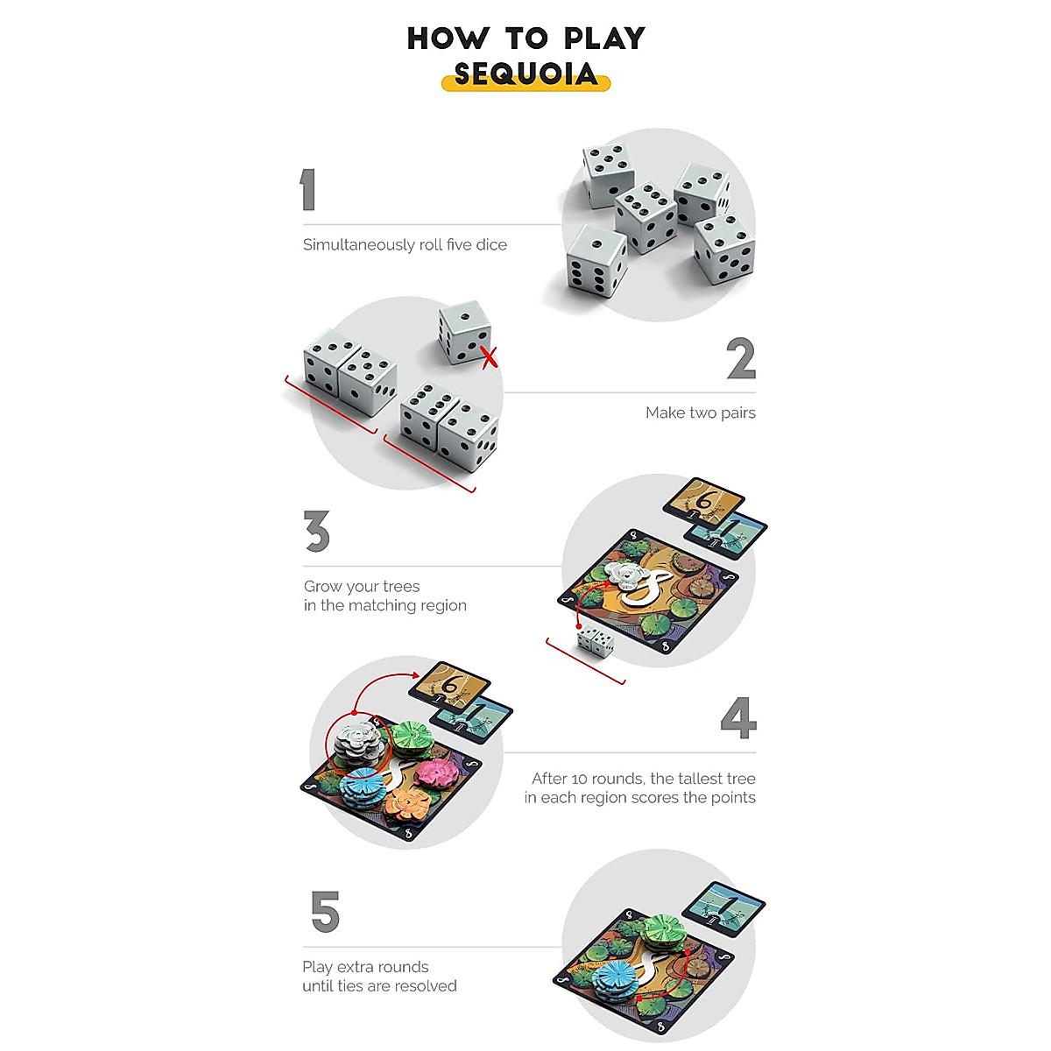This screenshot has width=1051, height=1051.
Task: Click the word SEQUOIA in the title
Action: pyautogui.click(x=525, y=74)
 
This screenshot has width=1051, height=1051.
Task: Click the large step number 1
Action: pyautogui.click(x=307, y=190)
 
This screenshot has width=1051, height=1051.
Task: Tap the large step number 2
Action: pyautogui.click(x=741, y=359)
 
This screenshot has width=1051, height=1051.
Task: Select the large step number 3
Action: pyautogui.click(x=316, y=532)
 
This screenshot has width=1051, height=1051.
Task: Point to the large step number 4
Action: pyautogui.click(x=737, y=718)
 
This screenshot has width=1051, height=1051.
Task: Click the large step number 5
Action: pyautogui.click(x=325, y=912)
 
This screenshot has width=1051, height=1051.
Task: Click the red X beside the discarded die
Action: pyautogui.click(x=490, y=357)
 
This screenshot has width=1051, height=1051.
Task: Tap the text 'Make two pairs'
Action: pyautogui.click(x=700, y=413)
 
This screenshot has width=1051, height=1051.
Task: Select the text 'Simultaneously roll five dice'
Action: pyautogui.click(x=405, y=245)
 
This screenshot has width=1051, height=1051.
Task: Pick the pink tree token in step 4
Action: pyautogui.click(x=437, y=772)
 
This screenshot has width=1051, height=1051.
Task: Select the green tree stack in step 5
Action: pyautogui.click(x=666, y=930)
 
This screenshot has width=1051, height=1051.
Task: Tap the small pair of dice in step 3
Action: pyautogui.click(x=596, y=643)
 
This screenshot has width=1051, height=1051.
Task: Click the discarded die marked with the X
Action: pyautogui.click(x=463, y=332)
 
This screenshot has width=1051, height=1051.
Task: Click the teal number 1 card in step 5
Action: pyautogui.click(x=723, y=908)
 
